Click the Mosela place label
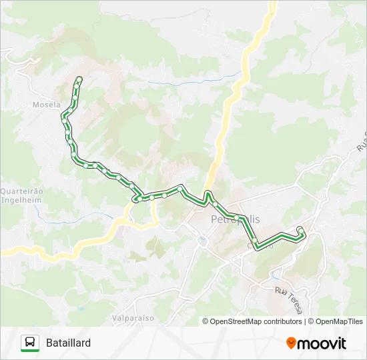tap(46, 105)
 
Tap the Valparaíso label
tap(133, 318)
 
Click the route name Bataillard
tap(69, 343)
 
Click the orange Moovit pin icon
tap(291, 343)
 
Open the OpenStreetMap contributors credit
tap(256, 321)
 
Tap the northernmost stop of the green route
tap(79, 80)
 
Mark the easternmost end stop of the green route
tap(300, 230)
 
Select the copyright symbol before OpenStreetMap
tap(206, 321)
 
